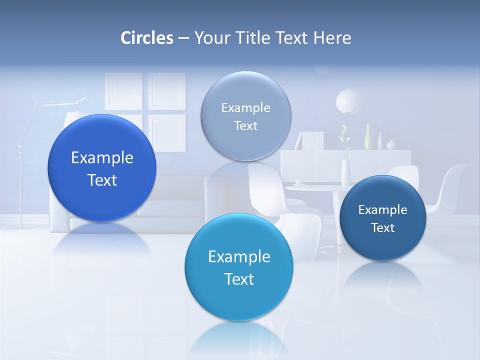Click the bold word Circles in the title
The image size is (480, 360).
[x=147, y=38]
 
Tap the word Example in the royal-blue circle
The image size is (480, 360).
[x=102, y=158]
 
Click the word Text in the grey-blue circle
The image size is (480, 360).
[x=245, y=126]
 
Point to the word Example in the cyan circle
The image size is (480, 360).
[x=239, y=257]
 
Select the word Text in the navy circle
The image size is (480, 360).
[x=383, y=228]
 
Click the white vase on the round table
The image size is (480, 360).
[x=345, y=172]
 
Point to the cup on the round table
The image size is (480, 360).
[x=298, y=183]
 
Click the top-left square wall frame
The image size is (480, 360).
[x=123, y=91]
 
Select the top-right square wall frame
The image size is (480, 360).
[x=166, y=91]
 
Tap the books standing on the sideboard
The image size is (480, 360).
[x=313, y=140]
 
